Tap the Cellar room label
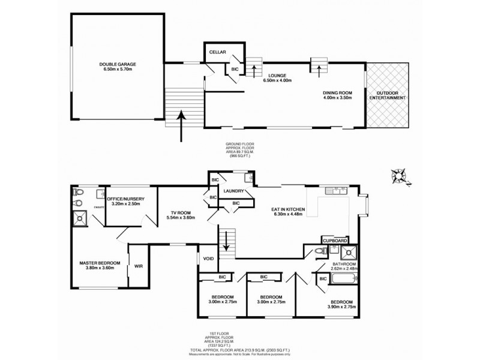tap(217, 53)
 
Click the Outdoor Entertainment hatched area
tap(388, 95)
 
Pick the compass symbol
tap(397, 176)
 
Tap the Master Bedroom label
tap(100, 265)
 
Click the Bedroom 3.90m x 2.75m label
tap(340, 304)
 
